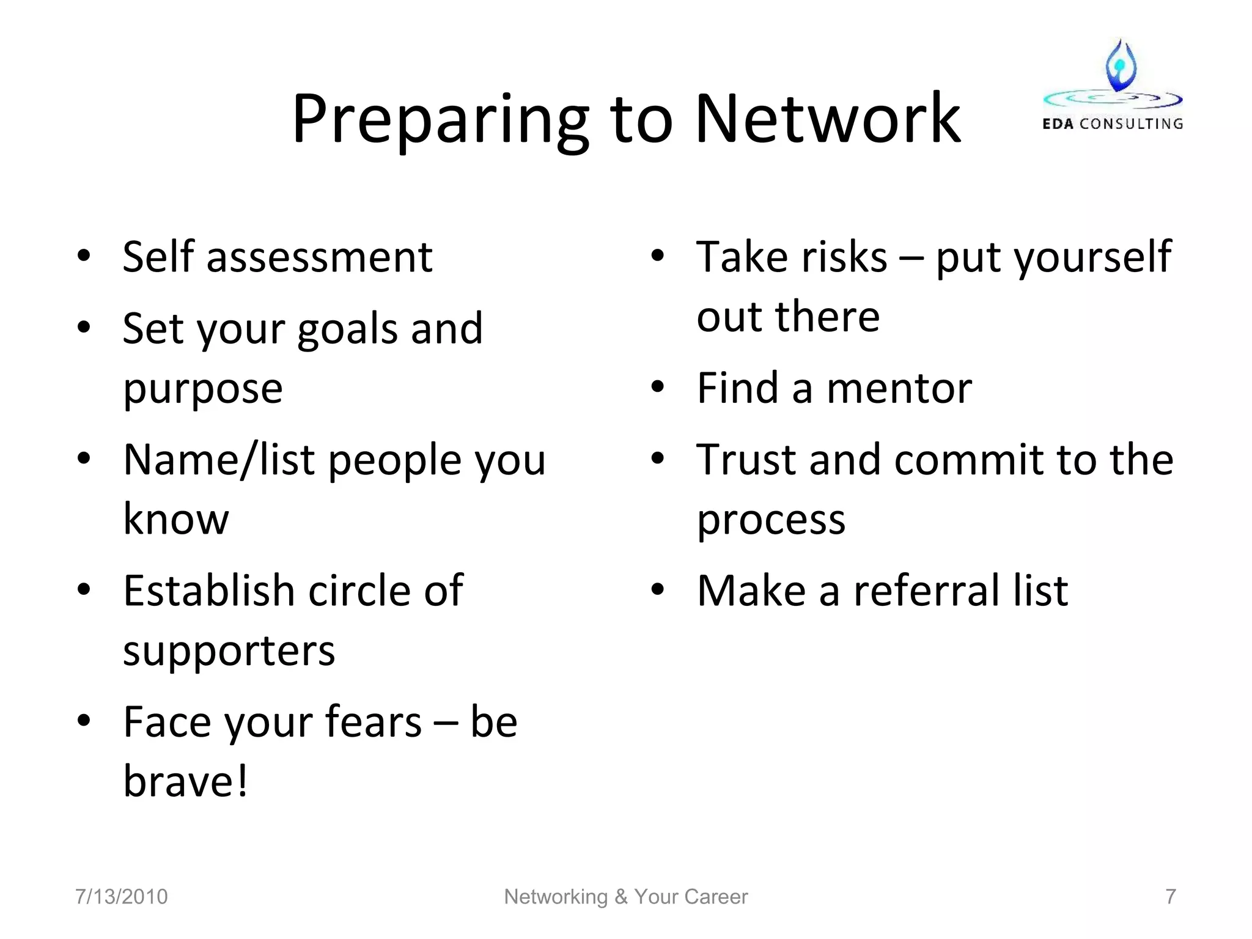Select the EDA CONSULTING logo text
(1112, 124)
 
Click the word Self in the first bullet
(158, 256)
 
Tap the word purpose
(203, 389)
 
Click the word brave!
(186, 781)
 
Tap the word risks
(844, 256)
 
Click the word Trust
(747, 460)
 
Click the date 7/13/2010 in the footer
(121, 897)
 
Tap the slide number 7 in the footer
(1171, 897)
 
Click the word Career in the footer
(721, 897)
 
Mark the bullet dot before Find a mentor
(658, 388)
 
